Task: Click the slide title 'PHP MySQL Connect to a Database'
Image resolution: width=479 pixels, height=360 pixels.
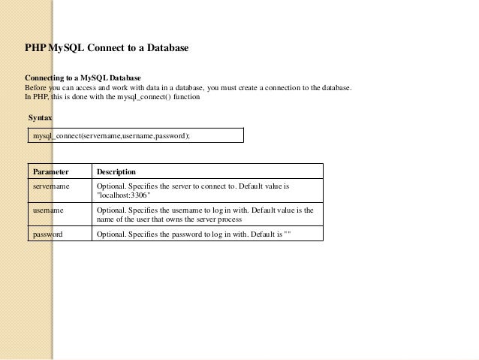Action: [107, 49]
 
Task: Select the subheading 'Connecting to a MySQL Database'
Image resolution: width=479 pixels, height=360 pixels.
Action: [83, 78]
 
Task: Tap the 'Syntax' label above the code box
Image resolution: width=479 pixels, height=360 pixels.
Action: [40, 119]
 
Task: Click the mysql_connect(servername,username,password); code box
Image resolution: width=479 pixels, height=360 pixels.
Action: [136, 135]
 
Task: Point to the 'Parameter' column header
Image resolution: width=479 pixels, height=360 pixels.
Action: [50, 171]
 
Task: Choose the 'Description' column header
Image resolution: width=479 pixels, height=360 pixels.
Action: [116, 171]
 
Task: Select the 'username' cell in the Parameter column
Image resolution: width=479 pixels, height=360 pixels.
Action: [48, 210]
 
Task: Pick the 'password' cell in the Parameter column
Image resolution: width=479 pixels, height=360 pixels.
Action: [47, 234]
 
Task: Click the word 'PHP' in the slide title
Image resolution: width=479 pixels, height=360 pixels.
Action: [36, 49]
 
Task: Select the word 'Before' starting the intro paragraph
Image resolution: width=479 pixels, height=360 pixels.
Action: [36, 87]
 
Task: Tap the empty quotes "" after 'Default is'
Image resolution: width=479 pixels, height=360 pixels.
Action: [286, 234]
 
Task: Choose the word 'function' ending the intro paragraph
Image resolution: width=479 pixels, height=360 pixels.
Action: [186, 96]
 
